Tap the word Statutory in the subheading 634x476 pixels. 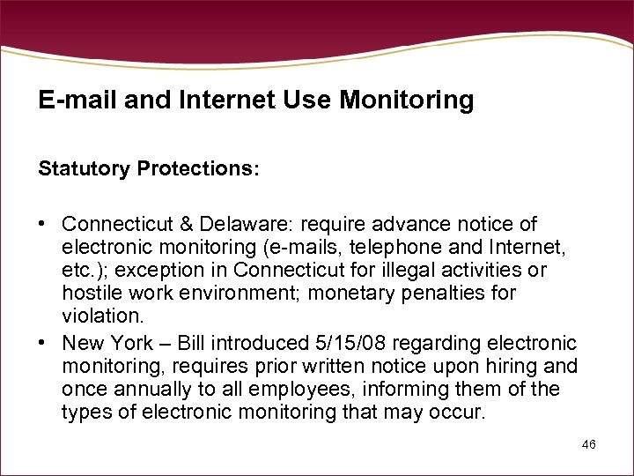pos(83,168)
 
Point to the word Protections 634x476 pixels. pos(197,168)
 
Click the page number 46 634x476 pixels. pos(589,444)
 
